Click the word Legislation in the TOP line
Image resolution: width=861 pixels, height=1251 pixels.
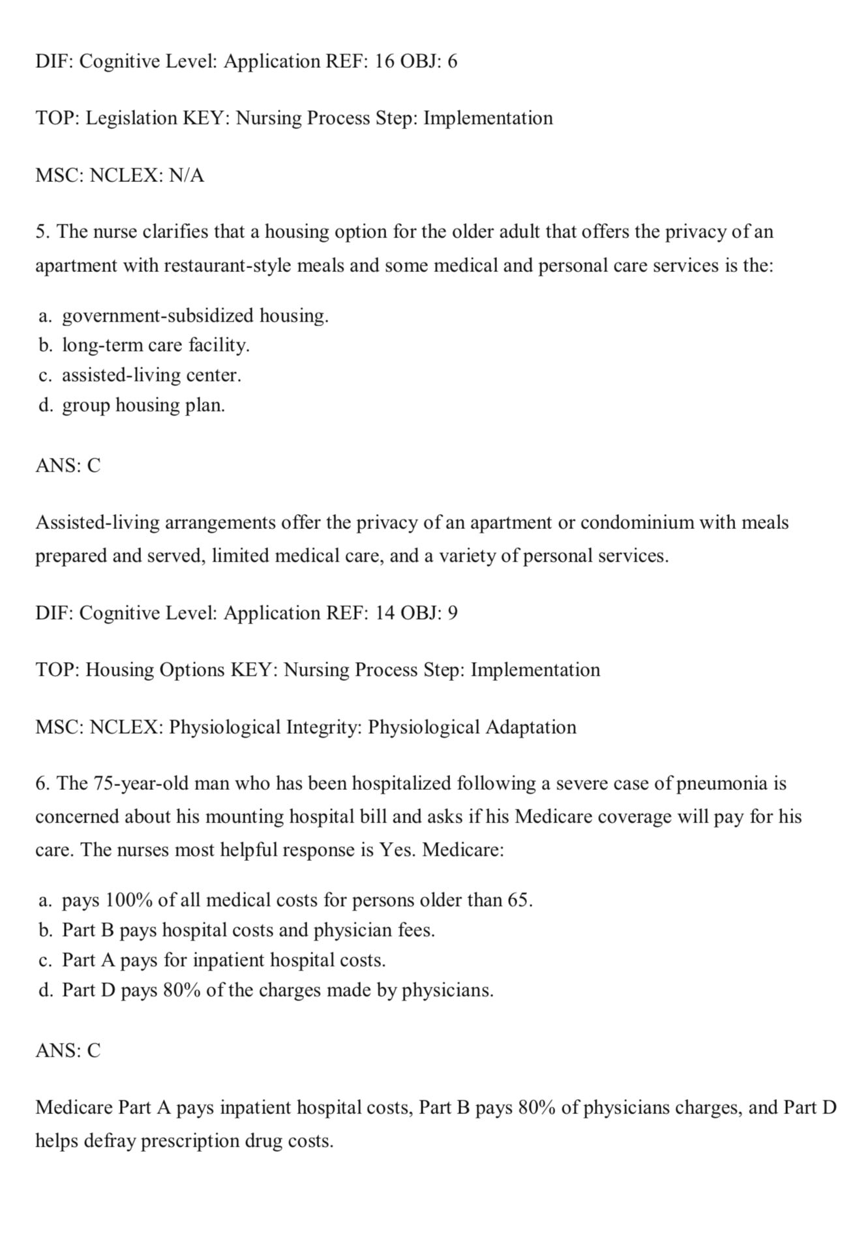click(x=131, y=118)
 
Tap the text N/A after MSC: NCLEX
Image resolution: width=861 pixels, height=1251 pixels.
click(x=186, y=175)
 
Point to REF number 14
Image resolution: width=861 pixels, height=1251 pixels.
click(x=385, y=613)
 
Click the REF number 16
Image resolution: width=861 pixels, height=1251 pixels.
click(x=385, y=61)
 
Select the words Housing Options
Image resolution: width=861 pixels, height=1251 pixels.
click(x=155, y=670)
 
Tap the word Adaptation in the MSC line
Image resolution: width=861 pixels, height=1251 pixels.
click(x=531, y=727)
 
